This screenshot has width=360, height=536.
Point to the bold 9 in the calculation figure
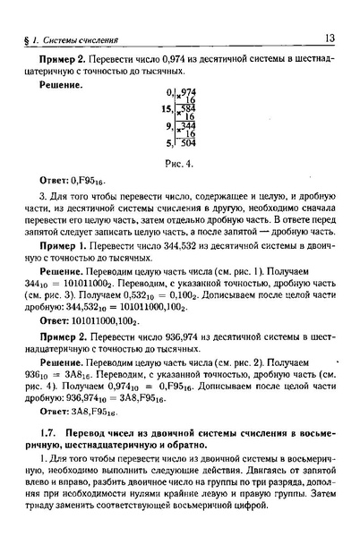pyautogui.click(x=167, y=126)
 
